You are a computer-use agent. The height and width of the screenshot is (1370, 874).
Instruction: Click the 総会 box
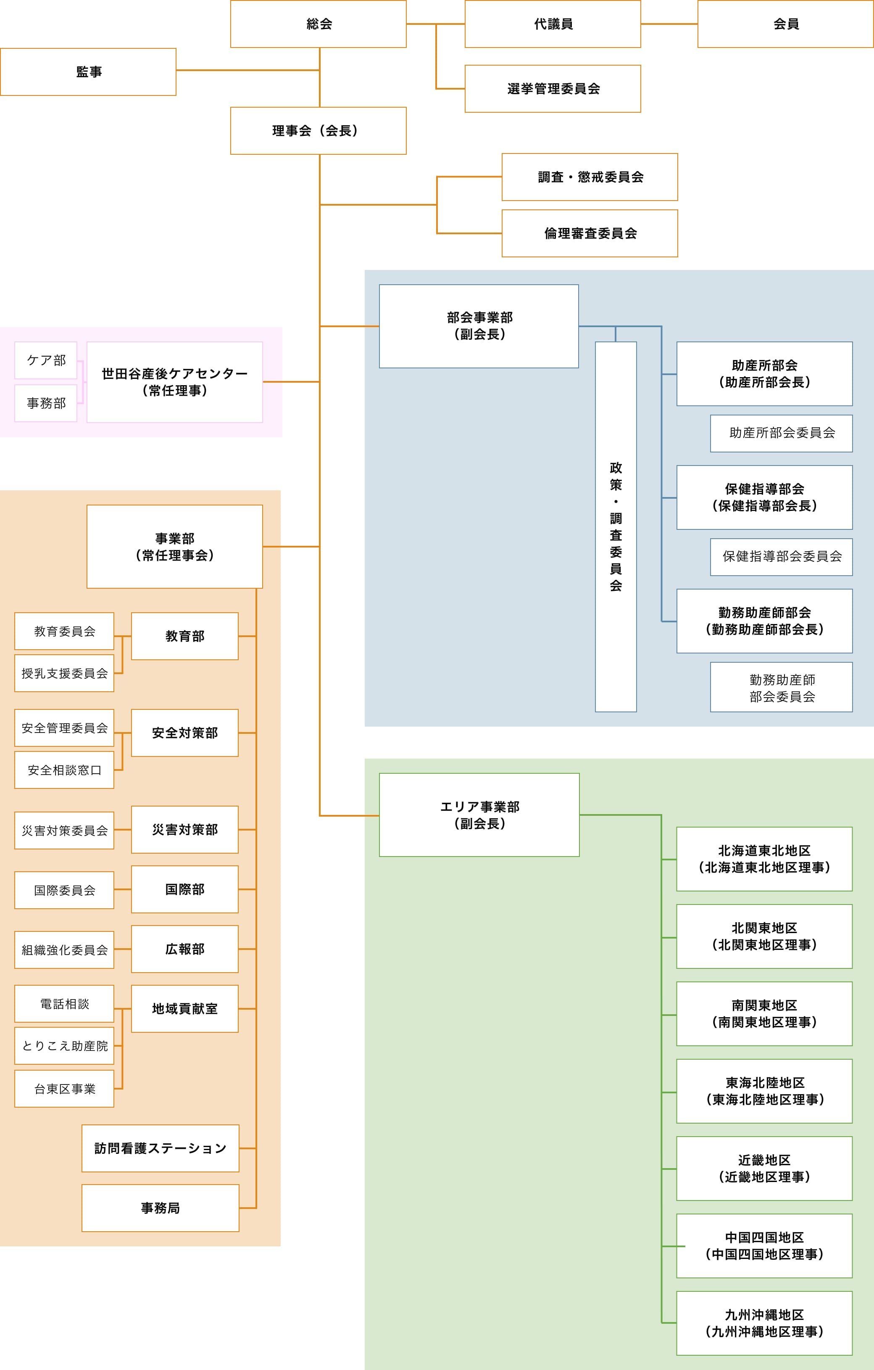pos(319,24)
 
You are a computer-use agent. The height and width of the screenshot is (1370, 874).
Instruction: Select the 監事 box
pos(88,71)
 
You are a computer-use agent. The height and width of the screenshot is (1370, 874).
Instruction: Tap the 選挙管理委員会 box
pos(553,89)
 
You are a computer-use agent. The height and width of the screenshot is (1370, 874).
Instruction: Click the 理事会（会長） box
pos(319,131)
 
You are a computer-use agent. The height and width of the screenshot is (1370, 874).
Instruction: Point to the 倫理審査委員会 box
pos(590,233)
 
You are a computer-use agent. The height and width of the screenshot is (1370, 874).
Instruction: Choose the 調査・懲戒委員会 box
pos(590,177)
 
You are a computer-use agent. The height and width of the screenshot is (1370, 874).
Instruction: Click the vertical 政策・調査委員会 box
pos(616,527)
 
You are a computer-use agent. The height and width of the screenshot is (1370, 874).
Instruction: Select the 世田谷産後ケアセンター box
pos(174,382)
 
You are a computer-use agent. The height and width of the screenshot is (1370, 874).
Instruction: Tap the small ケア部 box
pos(45,360)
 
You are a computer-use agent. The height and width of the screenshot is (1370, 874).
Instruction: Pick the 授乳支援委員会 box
pos(64,673)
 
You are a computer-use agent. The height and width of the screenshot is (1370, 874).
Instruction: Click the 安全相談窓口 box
pos(64,770)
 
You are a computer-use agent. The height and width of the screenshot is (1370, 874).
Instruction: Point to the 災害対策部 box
pos(185,830)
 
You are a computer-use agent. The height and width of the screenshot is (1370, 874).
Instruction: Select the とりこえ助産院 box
pos(64,1046)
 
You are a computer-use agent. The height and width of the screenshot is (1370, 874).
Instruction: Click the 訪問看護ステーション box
pos(161,1148)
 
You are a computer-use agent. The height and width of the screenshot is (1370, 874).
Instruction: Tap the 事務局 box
pos(161,1208)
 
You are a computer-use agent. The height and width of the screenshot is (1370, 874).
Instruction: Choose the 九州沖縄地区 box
pos(764,1323)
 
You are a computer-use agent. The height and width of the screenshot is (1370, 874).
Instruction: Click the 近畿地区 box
pos(764,1169)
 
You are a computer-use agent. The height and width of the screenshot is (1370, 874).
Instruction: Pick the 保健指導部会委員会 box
pos(781,556)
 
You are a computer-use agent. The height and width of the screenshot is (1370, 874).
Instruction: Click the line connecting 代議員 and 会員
pos(669,24)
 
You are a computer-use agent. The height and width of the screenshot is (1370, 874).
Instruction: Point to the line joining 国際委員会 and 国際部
pos(123,889)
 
